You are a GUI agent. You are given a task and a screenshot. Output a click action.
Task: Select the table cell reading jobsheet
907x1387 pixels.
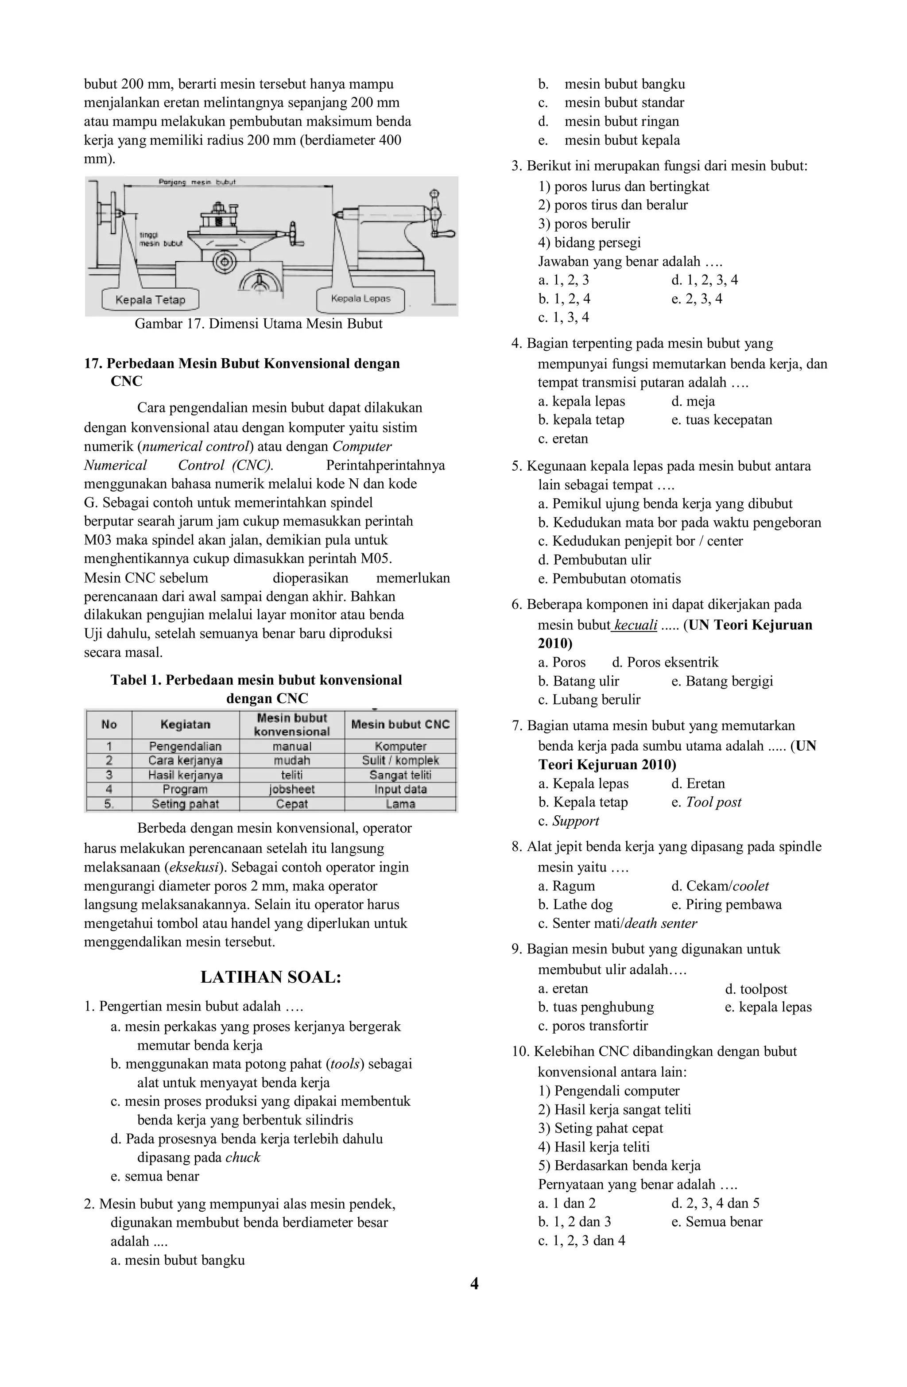point(291,790)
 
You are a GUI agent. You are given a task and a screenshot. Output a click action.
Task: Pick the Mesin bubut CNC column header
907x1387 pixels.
point(400,724)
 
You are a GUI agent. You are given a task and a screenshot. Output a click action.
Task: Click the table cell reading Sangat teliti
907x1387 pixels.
point(400,775)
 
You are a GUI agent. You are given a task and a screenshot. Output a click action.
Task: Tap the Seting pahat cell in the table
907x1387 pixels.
point(186,804)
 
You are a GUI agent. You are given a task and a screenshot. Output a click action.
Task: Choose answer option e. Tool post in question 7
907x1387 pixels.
point(706,802)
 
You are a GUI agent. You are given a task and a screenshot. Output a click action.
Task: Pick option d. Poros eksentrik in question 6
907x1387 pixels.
point(665,662)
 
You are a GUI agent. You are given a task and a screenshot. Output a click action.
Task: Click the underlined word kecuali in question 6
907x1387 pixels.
point(636,625)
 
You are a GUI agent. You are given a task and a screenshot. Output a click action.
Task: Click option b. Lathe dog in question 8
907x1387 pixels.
point(575,904)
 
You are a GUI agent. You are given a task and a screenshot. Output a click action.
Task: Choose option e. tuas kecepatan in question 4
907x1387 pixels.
point(721,419)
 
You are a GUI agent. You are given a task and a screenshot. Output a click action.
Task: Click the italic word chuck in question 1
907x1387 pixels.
point(243,1158)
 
